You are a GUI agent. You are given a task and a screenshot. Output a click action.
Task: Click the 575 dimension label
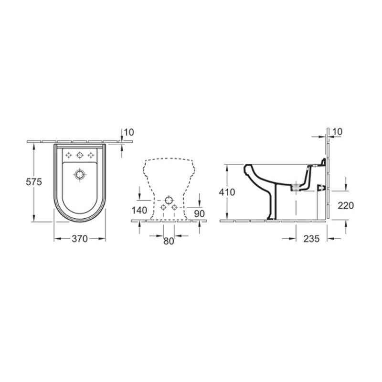point(34,182)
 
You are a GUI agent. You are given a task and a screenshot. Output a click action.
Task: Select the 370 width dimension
point(79,239)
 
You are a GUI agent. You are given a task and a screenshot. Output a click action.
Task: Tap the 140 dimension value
point(139,210)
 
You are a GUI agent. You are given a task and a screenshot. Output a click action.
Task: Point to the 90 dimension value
point(200,213)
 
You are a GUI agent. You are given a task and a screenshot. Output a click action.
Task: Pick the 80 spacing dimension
point(169,241)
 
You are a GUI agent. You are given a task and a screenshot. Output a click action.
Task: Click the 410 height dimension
point(227,192)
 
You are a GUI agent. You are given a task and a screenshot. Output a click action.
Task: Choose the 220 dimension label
point(346,206)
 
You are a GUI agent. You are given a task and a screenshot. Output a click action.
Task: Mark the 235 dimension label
point(311,239)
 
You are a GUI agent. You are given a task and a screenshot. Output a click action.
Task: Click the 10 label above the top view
point(129,132)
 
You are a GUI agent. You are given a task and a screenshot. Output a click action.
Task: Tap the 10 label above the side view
point(338,132)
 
